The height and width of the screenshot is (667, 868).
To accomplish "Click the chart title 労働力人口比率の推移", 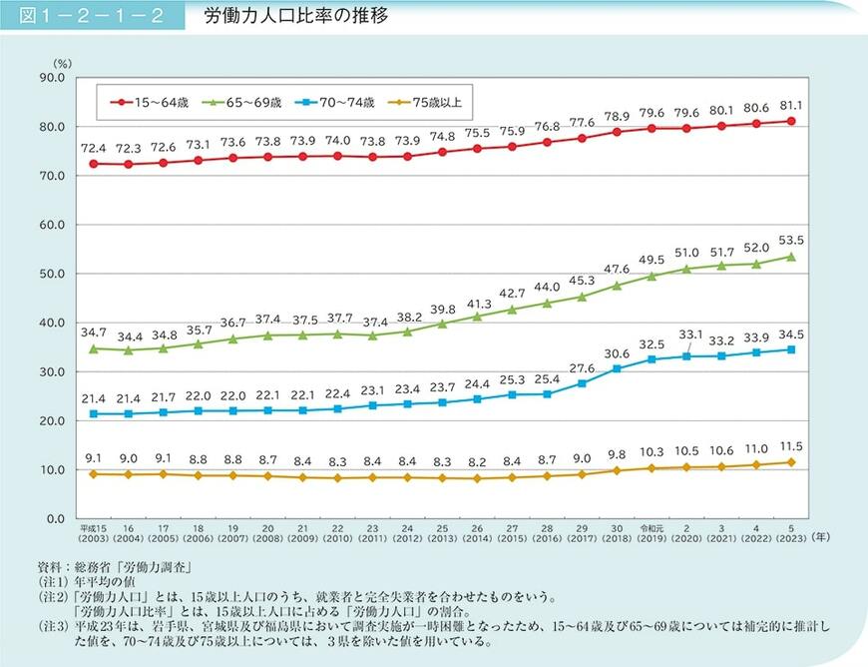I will point(281,17).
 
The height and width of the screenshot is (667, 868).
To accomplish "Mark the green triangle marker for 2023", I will point(791,257).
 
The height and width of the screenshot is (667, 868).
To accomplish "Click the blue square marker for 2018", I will point(617,368).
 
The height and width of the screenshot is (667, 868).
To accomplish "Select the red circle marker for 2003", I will point(93,164).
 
